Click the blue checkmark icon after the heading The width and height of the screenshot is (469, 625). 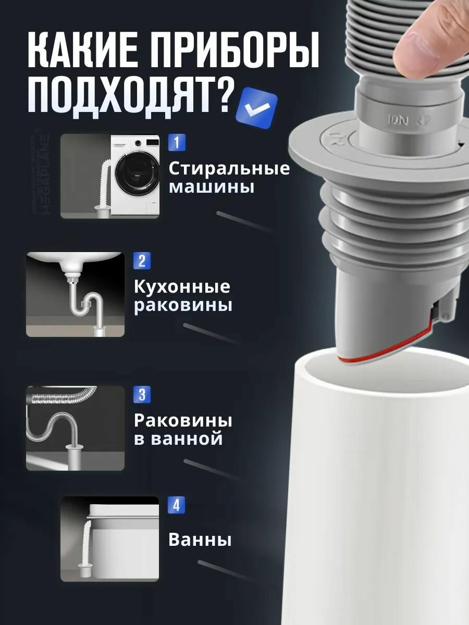click(257, 108)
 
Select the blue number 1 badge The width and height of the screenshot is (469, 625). click(176, 142)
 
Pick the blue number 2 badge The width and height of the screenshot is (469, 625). click(142, 260)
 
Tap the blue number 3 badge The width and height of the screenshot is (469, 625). click(142, 394)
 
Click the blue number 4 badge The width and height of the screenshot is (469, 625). click(176, 505)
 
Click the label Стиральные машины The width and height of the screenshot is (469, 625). click(229, 177)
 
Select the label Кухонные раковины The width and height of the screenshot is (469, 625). click(182, 296)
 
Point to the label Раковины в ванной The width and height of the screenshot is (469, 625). click(182, 429)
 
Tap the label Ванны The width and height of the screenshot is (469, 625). click(200, 540)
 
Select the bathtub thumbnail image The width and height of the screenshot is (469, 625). click(109, 539)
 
